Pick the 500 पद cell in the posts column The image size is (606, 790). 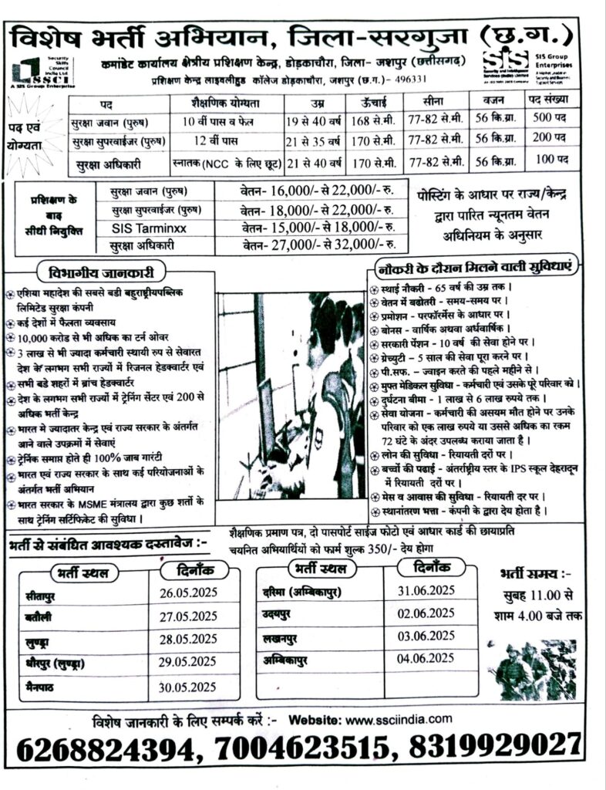tap(551, 122)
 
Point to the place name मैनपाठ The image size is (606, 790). tap(43, 685)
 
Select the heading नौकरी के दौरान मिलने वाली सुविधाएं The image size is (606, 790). tap(473, 268)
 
